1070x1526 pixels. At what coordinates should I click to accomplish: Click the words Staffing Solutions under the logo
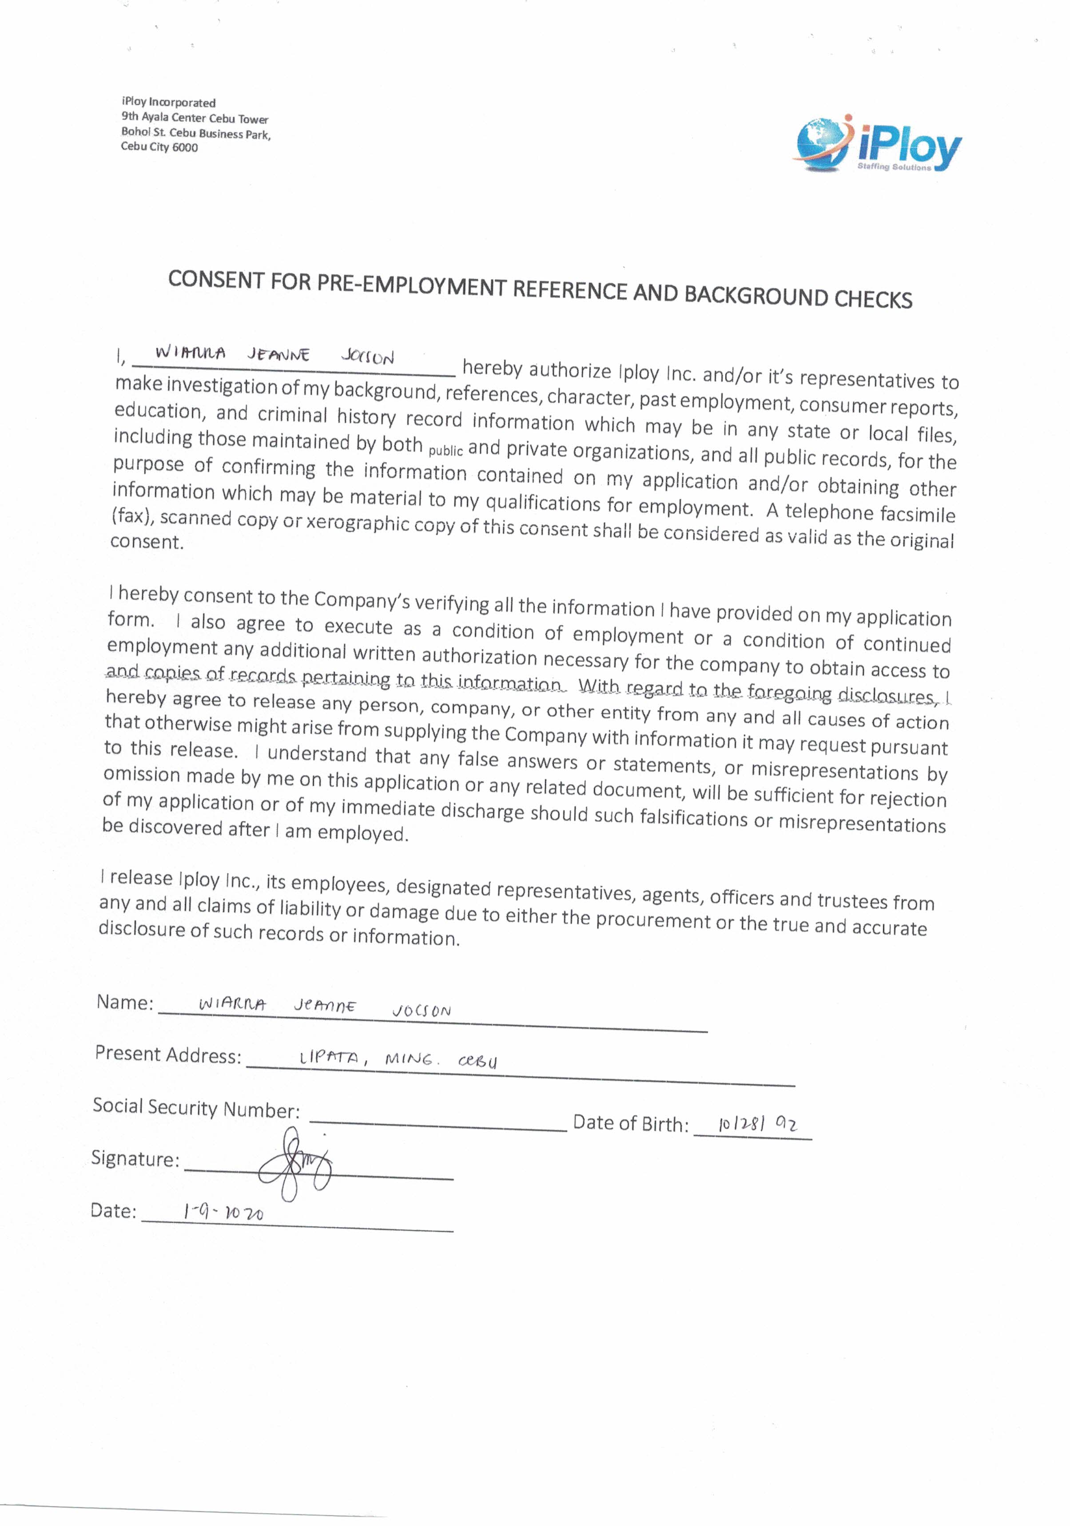click(894, 167)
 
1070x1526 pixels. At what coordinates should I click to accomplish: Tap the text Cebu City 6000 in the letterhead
click(159, 147)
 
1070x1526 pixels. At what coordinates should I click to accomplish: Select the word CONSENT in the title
click(215, 280)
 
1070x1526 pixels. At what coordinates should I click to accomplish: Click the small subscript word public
click(445, 451)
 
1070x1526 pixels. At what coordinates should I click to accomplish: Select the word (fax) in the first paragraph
click(132, 515)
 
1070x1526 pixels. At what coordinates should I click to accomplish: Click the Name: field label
click(125, 1002)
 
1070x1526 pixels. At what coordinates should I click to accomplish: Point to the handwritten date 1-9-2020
click(223, 1213)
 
